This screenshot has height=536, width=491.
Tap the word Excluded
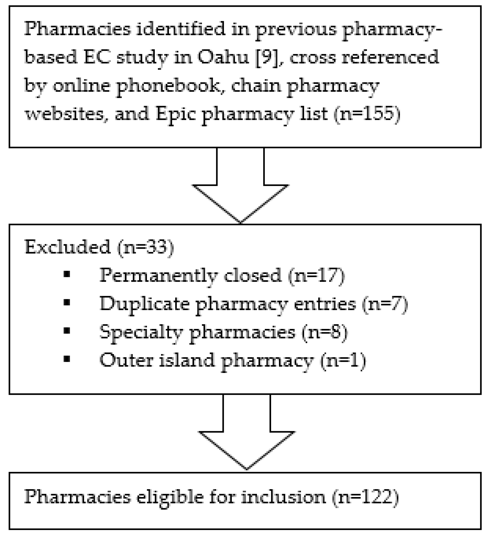[x=68, y=247]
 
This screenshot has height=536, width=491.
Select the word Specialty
[x=141, y=332]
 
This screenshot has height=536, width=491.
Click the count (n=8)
[x=325, y=332]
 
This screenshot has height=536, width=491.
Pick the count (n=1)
[x=343, y=361]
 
